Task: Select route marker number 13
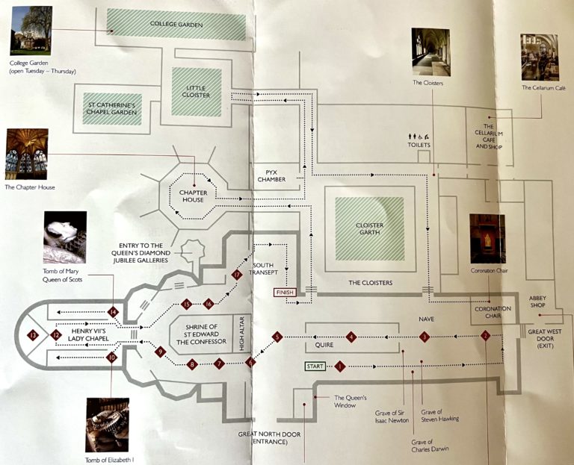[33, 336]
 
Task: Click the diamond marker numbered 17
[237, 275]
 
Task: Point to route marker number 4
[351, 338]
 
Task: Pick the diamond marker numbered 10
[111, 358]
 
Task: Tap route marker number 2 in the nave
[485, 337]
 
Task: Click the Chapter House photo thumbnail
[26, 154]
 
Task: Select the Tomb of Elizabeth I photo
[107, 424]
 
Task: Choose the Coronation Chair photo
[487, 238]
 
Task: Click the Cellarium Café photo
[539, 57]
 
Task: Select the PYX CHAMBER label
[271, 175]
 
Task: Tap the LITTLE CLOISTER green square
[197, 92]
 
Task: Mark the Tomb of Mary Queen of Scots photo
[64, 237]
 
